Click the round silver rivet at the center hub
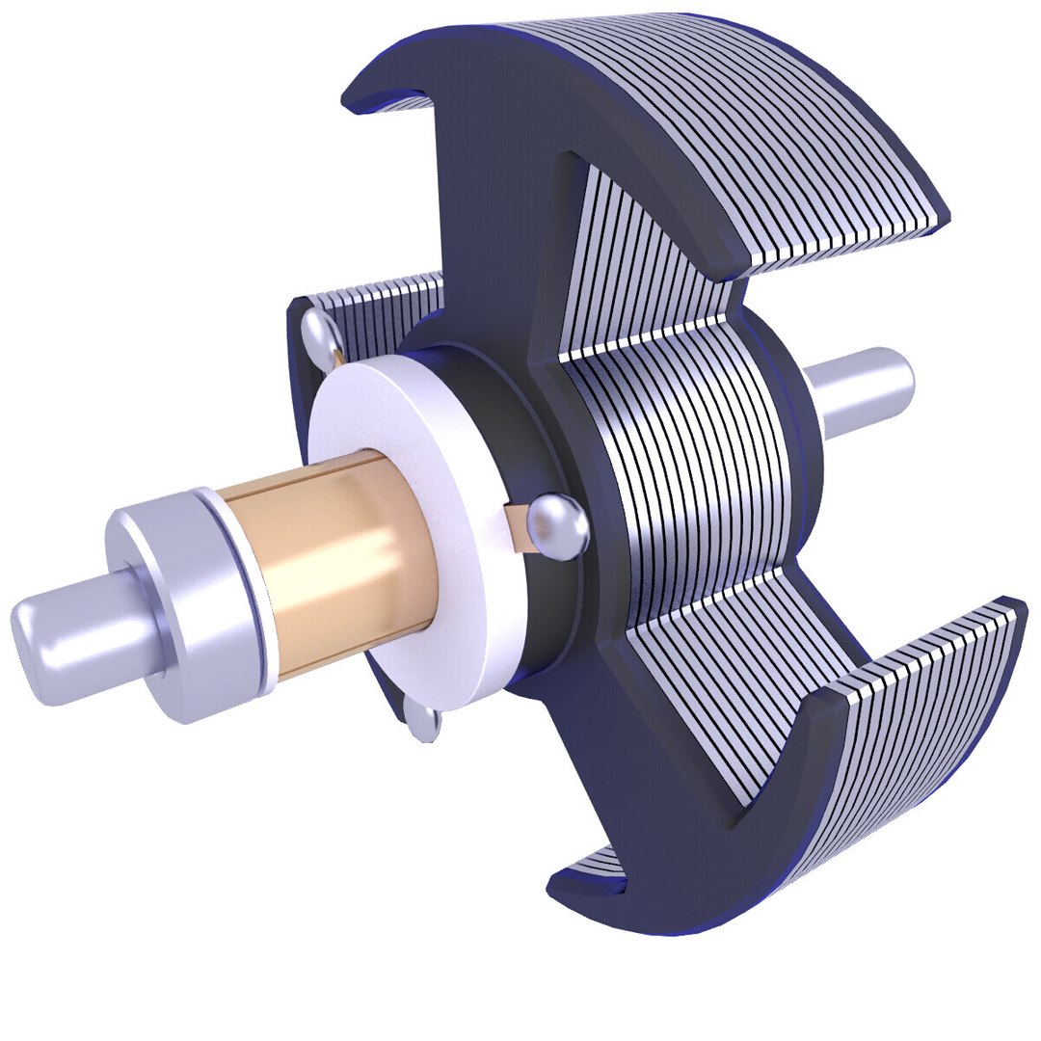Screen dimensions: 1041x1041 [559, 525]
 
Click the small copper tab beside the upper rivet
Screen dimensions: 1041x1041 [337, 358]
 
